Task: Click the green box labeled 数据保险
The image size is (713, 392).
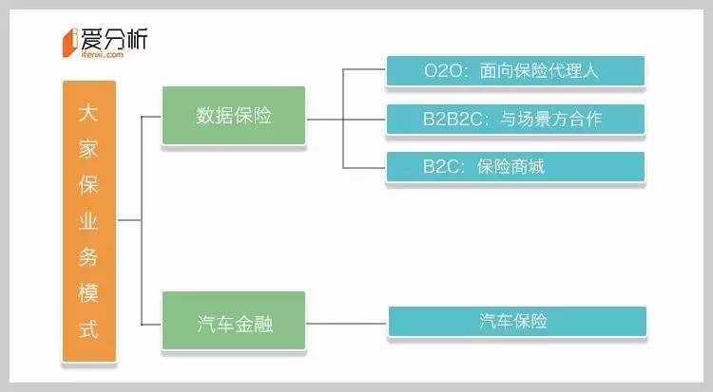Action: pyautogui.click(x=234, y=116)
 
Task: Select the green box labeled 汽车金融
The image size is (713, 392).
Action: pyautogui.click(x=234, y=320)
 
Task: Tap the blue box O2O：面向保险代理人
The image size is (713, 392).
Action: pyautogui.click(x=515, y=69)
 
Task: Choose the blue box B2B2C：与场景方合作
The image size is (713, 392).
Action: pyautogui.click(x=515, y=119)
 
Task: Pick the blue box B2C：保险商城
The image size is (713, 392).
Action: pyautogui.click(x=515, y=166)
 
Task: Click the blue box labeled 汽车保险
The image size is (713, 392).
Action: pyautogui.click(x=516, y=321)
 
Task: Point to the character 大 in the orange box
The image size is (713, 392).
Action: pyautogui.click(x=89, y=111)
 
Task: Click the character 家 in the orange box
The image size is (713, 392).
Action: pyautogui.click(x=89, y=146)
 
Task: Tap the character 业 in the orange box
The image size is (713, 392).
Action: pyautogui.click(x=89, y=218)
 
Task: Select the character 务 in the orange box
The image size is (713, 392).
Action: pyautogui.click(x=89, y=254)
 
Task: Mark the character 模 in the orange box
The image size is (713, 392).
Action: pyautogui.click(x=89, y=290)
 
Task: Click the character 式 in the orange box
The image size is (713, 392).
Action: pyautogui.click(x=89, y=327)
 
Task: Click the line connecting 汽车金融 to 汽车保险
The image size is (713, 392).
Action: pyautogui.click(x=347, y=321)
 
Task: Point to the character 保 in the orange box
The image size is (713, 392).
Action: pyautogui.click(x=89, y=182)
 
